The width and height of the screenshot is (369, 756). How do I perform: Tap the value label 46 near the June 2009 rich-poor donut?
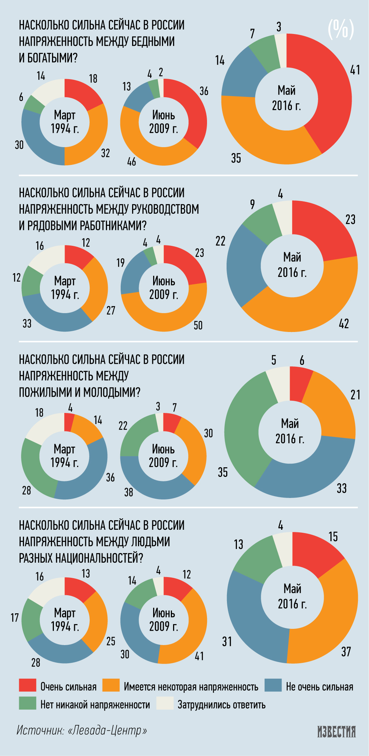(132, 162)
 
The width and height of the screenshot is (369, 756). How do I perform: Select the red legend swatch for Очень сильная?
(28, 685)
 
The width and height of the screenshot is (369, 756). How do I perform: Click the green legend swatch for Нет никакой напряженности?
(28, 704)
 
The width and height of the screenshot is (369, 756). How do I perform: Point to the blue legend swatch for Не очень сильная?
(273, 685)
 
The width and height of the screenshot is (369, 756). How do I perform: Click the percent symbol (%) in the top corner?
(341, 29)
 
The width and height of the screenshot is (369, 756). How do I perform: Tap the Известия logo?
(337, 732)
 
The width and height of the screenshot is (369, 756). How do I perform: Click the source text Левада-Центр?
(107, 730)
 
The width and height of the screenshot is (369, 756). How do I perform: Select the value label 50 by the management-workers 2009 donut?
(198, 325)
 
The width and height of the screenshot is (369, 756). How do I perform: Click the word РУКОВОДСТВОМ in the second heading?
(168, 209)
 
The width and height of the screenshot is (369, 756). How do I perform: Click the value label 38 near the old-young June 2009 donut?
(128, 492)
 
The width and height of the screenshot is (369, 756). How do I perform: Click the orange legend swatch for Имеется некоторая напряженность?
(111, 685)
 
